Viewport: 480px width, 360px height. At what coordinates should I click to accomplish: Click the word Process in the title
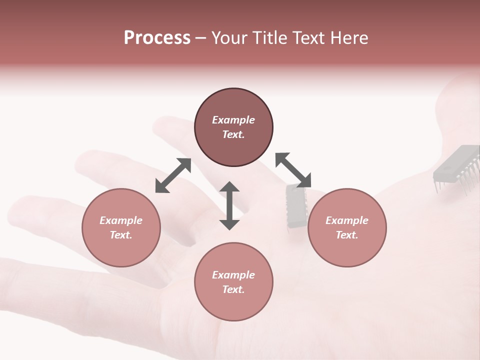tap(157, 38)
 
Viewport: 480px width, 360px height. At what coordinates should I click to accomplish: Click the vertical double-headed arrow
tap(229, 206)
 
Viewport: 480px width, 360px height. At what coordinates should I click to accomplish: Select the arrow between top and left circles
tap(173, 175)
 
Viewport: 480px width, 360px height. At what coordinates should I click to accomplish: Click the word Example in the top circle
tap(233, 120)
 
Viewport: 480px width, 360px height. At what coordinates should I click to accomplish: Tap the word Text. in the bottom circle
tap(233, 289)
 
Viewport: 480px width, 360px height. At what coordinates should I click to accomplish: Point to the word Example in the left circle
tap(121, 220)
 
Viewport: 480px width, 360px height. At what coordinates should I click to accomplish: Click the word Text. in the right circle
tap(347, 235)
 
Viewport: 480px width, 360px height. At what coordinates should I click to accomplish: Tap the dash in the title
tap(200, 38)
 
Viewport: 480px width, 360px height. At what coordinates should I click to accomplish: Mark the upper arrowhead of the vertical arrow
tap(229, 187)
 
